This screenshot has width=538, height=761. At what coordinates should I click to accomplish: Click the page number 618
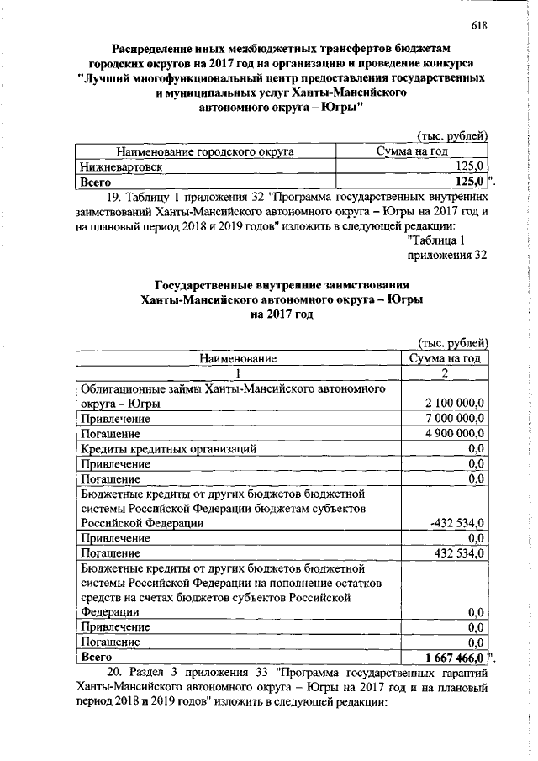pyautogui.click(x=479, y=24)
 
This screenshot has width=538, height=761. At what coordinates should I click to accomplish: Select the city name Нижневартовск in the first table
pyautogui.click(x=120, y=166)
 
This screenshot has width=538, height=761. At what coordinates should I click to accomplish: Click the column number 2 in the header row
pyautogui.click(x=446, y=373)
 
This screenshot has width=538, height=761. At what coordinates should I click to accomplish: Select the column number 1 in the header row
pyautogui.click(x=238, y=373)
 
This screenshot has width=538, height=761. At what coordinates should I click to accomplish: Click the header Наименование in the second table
pyautogui.click(x=238, y=357)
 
